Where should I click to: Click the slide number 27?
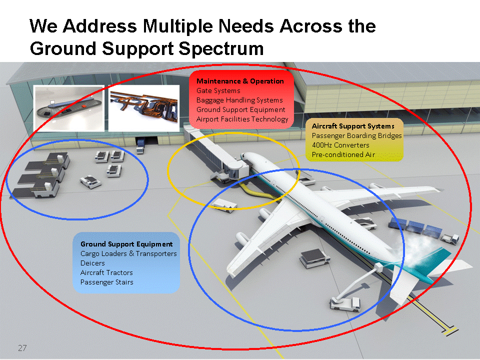point(22,348)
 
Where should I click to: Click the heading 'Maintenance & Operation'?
point(240,81)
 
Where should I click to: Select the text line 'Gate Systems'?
point(218,90)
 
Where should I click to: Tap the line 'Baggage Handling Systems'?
point(239,100)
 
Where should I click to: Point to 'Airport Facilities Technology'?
point(242,119)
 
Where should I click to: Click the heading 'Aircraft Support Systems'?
point(353,126)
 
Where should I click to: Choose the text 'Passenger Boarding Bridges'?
point(356,135)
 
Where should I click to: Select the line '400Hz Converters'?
point(340,145)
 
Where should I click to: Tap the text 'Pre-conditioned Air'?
point(343,154)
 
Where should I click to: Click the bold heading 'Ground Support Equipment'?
point(126,244)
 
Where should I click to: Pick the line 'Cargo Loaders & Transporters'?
point(128,253)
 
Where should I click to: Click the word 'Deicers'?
point(92,263)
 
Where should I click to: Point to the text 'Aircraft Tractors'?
point(106,272)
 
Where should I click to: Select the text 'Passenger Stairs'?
point(106,282)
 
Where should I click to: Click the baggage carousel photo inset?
point(68,108)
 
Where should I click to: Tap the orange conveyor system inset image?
point(144,108)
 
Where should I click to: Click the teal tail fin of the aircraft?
point(427,258)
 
